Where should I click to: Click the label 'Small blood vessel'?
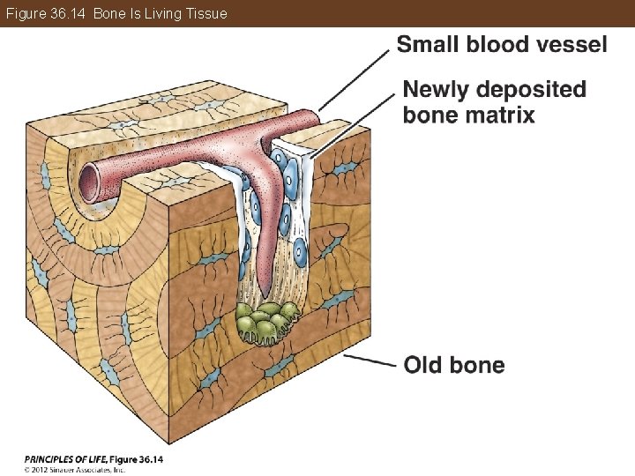tap(502, 45)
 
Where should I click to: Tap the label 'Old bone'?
tap(454, 365)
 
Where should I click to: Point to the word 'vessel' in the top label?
tap(571, 45)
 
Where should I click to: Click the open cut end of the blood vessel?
tap(90, 181)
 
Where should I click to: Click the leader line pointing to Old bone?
tap(370, 360)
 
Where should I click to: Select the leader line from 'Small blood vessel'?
tap(353, 80)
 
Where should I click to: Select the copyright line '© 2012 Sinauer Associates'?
tap(75, 469)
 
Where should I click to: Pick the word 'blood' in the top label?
tap(498, 45)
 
